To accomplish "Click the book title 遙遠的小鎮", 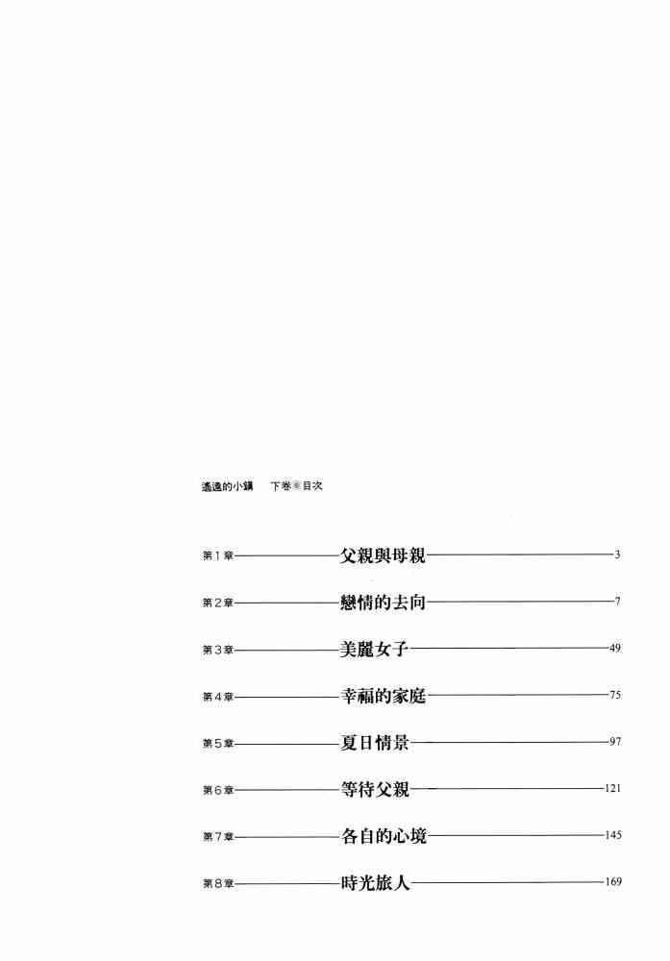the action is [x=222, y=487].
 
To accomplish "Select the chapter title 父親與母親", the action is [x=383, y=555].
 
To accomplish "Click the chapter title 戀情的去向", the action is [x=383, y=603].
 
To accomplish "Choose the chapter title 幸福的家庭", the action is [x=383, y=696].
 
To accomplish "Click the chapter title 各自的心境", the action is [x=383, y=836].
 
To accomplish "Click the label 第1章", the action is [x=218, y=556].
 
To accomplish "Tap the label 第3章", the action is [x=218, y=651].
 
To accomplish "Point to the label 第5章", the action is [x=218, y=744].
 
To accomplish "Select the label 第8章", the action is [x=218, y=883].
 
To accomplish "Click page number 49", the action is [x=615, y=649].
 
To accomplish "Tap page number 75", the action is [x=615, y=695].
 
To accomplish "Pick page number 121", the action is [x=613, y=789].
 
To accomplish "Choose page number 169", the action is [x=613, y=881].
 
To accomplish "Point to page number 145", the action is [x=613, y=835].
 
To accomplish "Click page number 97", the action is [x=615, y=742].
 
